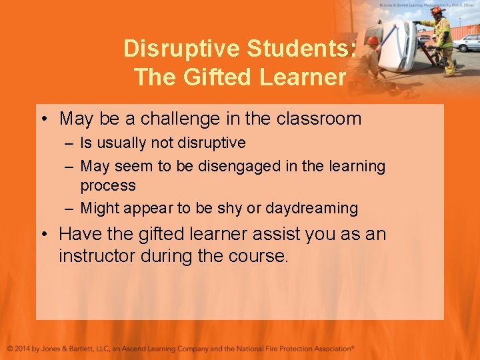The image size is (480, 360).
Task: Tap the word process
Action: tap(108, 185)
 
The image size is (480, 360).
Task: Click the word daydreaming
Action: tap(311, 208)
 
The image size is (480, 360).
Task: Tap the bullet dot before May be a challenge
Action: tap(43, 120)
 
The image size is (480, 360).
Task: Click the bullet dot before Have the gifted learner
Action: tap(43, 235)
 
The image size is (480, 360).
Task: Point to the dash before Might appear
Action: tap(69, 208)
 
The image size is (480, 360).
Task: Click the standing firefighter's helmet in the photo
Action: tap(437, 11)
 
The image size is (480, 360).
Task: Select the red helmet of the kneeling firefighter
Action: tap(373, 40)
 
